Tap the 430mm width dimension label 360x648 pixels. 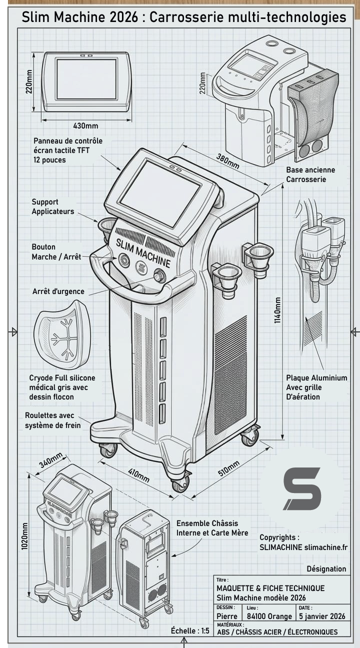85,125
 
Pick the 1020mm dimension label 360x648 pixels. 24,536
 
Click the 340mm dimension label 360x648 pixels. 51,460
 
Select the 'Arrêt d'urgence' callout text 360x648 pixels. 58,291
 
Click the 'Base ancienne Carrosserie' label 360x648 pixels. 310,174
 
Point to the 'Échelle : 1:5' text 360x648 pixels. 190,631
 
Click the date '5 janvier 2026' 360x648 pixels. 321,616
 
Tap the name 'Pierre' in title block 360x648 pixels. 226,616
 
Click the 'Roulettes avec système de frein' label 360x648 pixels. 52,420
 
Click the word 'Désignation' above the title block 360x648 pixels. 326,568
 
